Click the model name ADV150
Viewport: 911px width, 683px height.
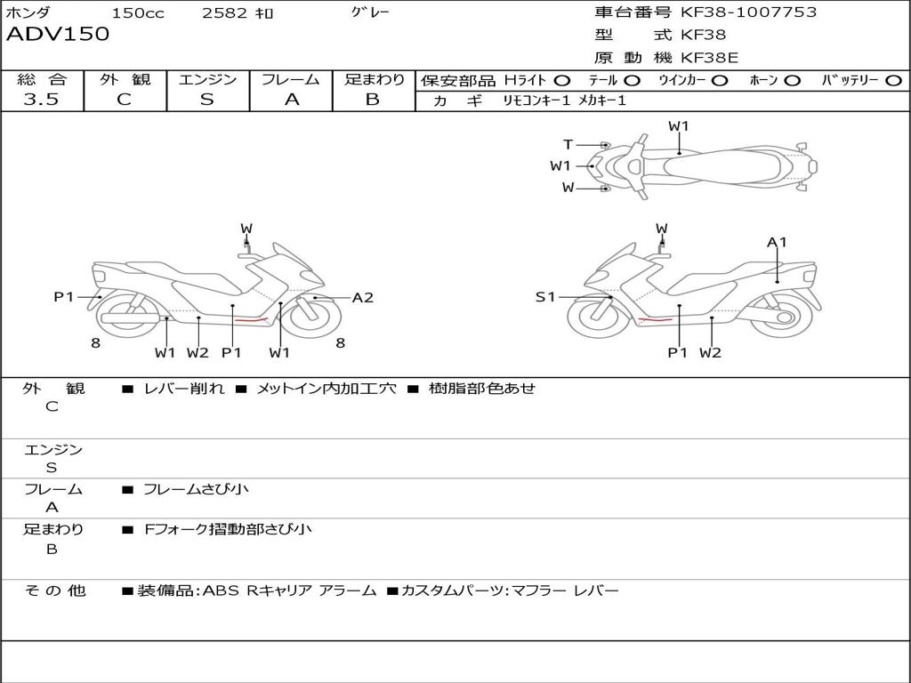click(58, 35)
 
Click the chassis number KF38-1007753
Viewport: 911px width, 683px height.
click(748, 12)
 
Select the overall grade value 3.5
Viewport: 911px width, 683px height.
click(41, 100)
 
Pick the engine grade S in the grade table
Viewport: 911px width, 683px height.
click(207, 100)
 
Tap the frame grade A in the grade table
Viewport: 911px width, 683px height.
click(291, 100)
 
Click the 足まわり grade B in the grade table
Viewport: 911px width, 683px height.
click(373, 100)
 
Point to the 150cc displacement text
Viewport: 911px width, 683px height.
click(138, 13)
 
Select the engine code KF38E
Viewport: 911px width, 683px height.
click(710, 59)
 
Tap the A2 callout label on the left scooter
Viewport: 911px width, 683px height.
click(363, 298)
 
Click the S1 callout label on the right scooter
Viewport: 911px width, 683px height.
click(545, 297)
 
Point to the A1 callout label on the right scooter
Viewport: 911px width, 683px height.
click(778, 242)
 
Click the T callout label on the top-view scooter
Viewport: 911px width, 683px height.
click(568, 145)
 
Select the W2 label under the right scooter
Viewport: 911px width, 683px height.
click(710, 353)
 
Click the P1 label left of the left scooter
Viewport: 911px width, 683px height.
click(64, 297)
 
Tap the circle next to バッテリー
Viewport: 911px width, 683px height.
click(893, 80)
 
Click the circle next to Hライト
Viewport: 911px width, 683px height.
click(562, 80)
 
